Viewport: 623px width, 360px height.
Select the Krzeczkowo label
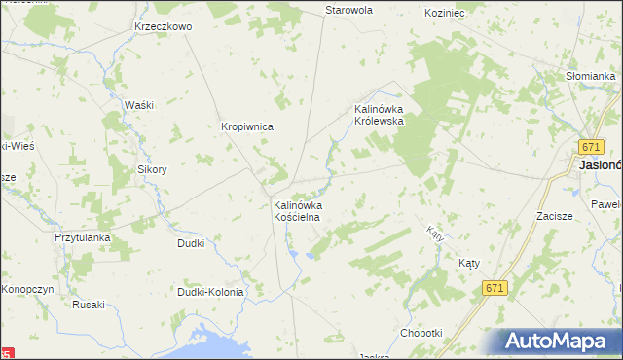pos(164,26)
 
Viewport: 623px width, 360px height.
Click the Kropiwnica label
pos(247,126)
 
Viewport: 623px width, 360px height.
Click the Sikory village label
pos(152,169)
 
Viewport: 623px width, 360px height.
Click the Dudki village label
pos(190,243)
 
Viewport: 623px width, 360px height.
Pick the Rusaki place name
pos(88,304)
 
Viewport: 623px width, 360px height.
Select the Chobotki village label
pos(421,333)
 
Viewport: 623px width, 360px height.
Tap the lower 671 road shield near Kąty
pos(495,288)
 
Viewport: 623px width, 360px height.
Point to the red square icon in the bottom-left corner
pos(9,352)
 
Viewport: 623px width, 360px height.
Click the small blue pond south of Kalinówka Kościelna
pos(311,256)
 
